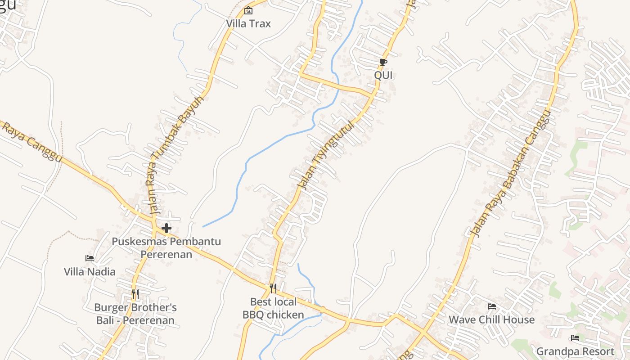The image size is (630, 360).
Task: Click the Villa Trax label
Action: coord(248,23)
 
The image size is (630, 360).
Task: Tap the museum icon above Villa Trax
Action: coord(248,10)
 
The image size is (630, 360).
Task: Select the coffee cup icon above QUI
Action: coord(383,62)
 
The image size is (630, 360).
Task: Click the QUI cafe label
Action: coord(383,75)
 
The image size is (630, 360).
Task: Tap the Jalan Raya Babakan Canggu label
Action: coord(510,173)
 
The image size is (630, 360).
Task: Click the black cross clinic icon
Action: coord(166,228)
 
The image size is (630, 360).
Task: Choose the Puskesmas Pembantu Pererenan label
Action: coord(166,248)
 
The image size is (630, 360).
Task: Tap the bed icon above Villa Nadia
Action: coord(90,258)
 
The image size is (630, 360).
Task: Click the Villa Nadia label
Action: coord(90,272)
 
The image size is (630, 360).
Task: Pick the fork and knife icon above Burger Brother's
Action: coord(135,294)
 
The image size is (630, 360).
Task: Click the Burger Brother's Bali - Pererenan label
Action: coord(135,314)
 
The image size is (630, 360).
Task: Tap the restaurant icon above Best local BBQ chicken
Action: coord(273,288)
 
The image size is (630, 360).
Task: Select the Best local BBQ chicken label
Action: coord(273,308)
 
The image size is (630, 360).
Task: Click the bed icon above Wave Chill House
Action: coord(492,306)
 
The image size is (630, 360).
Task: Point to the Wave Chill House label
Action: coord(492,320)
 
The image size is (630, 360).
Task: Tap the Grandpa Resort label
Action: coord(575,351)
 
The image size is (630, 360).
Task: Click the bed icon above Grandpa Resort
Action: coord(575,338)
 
